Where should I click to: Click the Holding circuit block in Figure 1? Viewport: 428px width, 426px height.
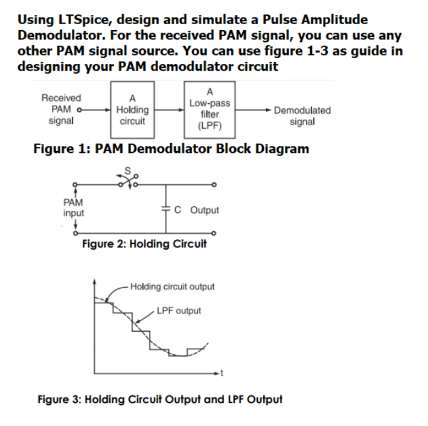[x=132, y=109]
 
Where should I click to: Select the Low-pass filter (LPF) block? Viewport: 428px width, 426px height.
[x=209, y=109]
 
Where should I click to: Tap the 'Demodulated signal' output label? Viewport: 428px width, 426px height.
[x=302, y=115]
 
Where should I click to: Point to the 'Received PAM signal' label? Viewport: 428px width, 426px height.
[x=61, y=109]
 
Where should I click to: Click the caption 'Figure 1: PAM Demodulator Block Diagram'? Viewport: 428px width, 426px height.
[x=171, y=149]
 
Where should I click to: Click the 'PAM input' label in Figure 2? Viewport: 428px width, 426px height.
[x=73, y=209]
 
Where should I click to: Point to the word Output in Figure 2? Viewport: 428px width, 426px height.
[x=205, y=210]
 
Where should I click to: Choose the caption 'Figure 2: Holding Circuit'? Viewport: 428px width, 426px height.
[x=144, y=244]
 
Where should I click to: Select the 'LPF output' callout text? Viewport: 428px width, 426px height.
[x=179, y=311]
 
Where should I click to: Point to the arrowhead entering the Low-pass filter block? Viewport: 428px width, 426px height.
[x=182, y=110]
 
